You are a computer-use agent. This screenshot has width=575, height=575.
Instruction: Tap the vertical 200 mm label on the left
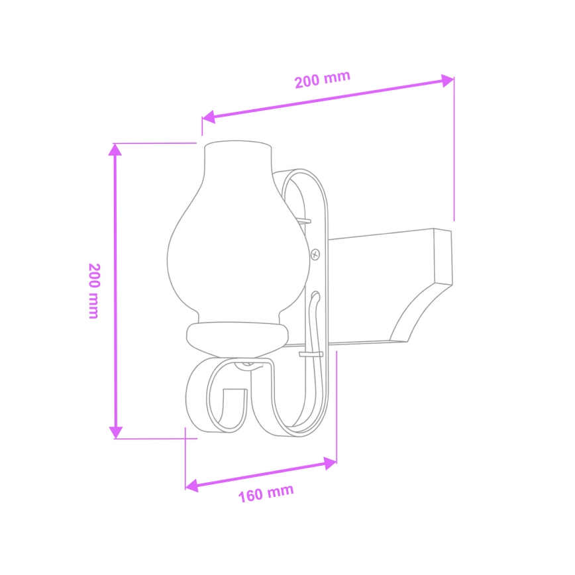[94, 291]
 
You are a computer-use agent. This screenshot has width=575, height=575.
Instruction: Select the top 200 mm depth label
[322, 79]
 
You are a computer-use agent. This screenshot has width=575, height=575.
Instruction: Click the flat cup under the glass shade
[237, 338]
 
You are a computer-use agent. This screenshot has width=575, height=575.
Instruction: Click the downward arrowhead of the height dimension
[115, 432]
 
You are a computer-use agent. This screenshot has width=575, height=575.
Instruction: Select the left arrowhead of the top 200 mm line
[208, 117]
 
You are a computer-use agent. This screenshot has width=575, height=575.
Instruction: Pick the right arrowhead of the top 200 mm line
[448, 81]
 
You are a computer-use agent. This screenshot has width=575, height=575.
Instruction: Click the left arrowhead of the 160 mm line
[191, 486]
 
